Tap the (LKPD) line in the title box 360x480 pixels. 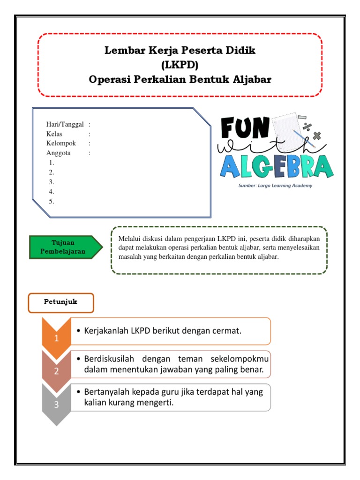tap(180, 65)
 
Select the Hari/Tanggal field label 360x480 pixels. tap(65, 124)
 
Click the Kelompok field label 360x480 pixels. tap(61, 143)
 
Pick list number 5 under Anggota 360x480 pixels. tap(52, 202)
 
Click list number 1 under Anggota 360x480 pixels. tap(52, 163)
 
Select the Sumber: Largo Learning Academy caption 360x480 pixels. tap(276, 186)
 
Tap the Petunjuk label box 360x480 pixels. tap(61, 302)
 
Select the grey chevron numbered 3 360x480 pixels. tap(56, 405)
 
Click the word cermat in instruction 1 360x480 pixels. tap(227, 331)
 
